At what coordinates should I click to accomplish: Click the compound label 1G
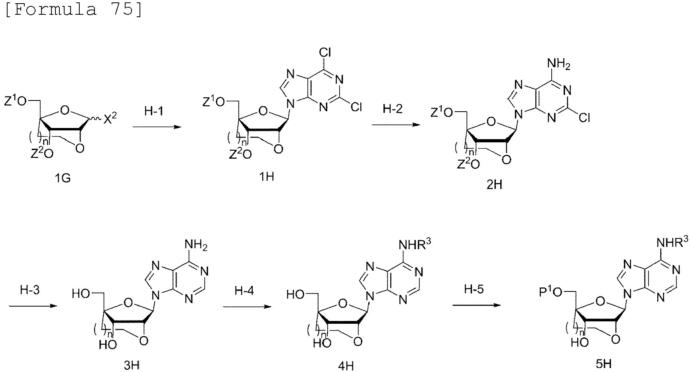point(63,178)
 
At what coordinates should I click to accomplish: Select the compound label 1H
point(267,176)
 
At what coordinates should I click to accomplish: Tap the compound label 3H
point(131,365)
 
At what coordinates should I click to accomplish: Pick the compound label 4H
point(345,365)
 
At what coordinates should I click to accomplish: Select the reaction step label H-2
point(393,108)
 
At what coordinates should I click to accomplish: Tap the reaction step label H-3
point(30,290)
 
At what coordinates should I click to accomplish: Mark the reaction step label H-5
point(474,289)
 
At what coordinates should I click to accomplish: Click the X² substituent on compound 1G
point(110,118)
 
